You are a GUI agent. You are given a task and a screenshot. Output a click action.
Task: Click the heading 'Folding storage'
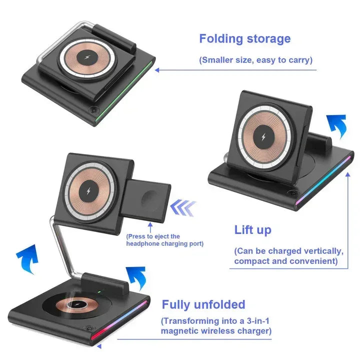[244, 39]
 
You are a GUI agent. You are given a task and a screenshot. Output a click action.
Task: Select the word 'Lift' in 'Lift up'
[244, 230]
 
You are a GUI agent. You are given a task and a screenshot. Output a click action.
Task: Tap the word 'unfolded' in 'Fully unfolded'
[219, 304]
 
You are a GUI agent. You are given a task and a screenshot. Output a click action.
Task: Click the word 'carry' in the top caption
[297, 60]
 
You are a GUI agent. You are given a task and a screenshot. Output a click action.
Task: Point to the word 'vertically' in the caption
[319, 250]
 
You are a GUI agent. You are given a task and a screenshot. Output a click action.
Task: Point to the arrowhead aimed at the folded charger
[157, 70]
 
